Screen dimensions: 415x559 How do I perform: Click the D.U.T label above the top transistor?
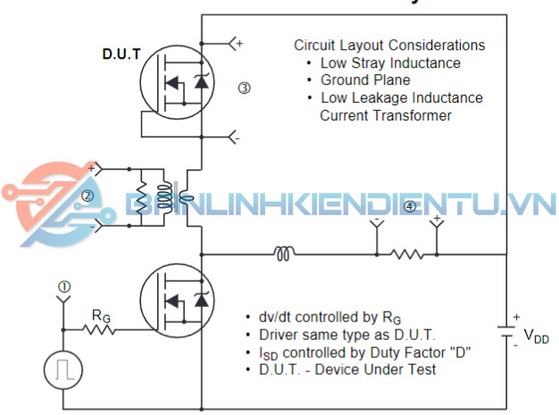121,54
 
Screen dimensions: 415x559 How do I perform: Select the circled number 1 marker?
63,286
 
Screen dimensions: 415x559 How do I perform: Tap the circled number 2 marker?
88,195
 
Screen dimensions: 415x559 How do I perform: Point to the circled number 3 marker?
244,87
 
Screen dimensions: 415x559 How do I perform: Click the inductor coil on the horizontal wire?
283,254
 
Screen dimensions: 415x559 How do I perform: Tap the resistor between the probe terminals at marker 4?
407,254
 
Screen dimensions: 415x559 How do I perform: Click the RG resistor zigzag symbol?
100,330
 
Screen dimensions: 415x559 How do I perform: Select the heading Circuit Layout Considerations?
389,45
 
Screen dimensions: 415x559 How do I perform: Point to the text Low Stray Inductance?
390,62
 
